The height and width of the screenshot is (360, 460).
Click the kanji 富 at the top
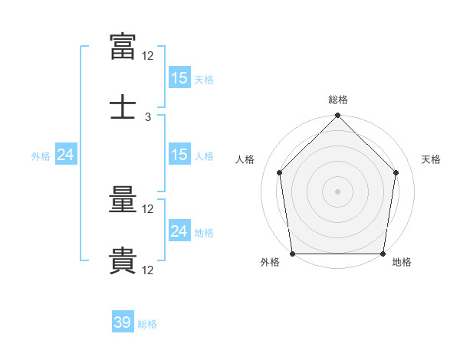click(x=123, y=46)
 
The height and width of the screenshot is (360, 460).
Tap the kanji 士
click(x=123, y=106)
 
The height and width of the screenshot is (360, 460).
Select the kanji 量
click(x=123, y=199)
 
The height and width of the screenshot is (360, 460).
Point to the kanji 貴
click(x=123, y=260)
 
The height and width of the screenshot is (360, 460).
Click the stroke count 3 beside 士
click(x=148, y=117)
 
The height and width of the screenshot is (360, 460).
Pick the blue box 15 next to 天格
click(x=179, y=77)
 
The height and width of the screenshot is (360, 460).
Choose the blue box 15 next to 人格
click(x=179, y=154)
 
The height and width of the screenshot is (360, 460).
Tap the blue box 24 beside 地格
click(x=179, y=230)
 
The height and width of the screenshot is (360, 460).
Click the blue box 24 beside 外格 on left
click(x=66, y=154)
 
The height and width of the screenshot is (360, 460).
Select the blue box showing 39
click(x=123, y=321)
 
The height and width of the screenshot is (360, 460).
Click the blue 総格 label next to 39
click(x=147, y=324)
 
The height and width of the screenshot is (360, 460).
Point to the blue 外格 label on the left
click(x=41, y=156)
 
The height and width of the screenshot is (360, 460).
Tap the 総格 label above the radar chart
click(x=338, y=100)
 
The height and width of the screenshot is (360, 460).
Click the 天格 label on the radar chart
click(x=431, y=159)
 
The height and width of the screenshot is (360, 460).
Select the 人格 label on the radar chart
click(x=245, y=159)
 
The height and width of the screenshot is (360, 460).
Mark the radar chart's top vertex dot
click(x=337, y=115)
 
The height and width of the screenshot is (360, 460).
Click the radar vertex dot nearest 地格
click(x=383, y=254)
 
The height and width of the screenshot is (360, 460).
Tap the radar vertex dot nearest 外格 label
click(x=293, y=254)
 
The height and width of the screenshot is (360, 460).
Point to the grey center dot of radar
click(x=337, y=191)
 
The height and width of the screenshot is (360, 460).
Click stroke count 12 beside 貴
click(x=147, y=270)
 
